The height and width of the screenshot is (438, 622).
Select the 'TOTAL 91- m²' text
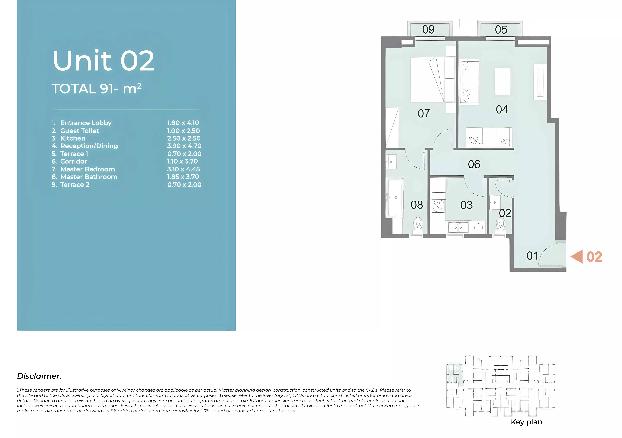(x=96, y=89)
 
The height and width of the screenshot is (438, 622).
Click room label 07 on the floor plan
(x=424, y=113)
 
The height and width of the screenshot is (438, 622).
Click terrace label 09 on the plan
(x=428, y=29)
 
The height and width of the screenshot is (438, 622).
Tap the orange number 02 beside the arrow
(x=594, y=257)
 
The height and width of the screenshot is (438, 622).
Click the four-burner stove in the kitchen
(x=438, y=206)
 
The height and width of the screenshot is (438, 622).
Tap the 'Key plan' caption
(x=526, y=422)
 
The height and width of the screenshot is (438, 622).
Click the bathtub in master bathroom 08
(x=395, y=197)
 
